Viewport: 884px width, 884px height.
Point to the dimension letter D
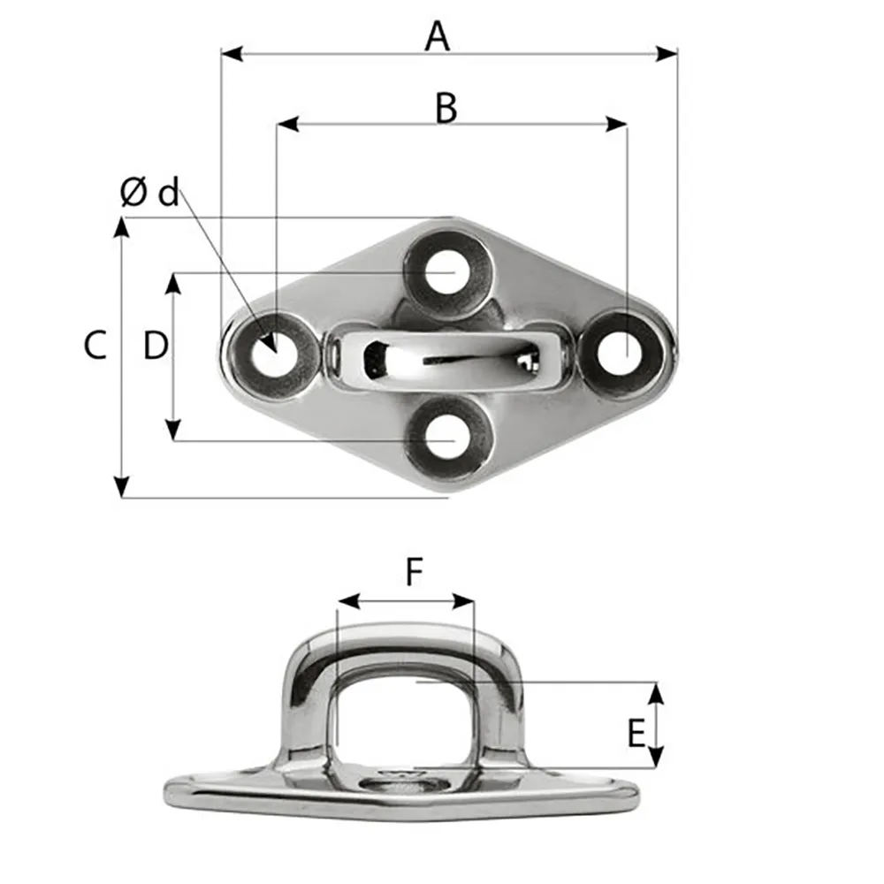click(x=156, y=346)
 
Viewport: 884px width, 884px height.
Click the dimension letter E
click(x=635, y=733)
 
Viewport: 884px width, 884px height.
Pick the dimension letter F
click(x=414, y=574)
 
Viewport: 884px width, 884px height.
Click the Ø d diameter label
click(x=149, y=193)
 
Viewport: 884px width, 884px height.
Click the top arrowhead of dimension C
click(x=122, y=226)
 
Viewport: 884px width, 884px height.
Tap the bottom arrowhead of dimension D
click(x=174, y=431)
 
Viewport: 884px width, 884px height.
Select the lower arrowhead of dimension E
click(x=655, y=758)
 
